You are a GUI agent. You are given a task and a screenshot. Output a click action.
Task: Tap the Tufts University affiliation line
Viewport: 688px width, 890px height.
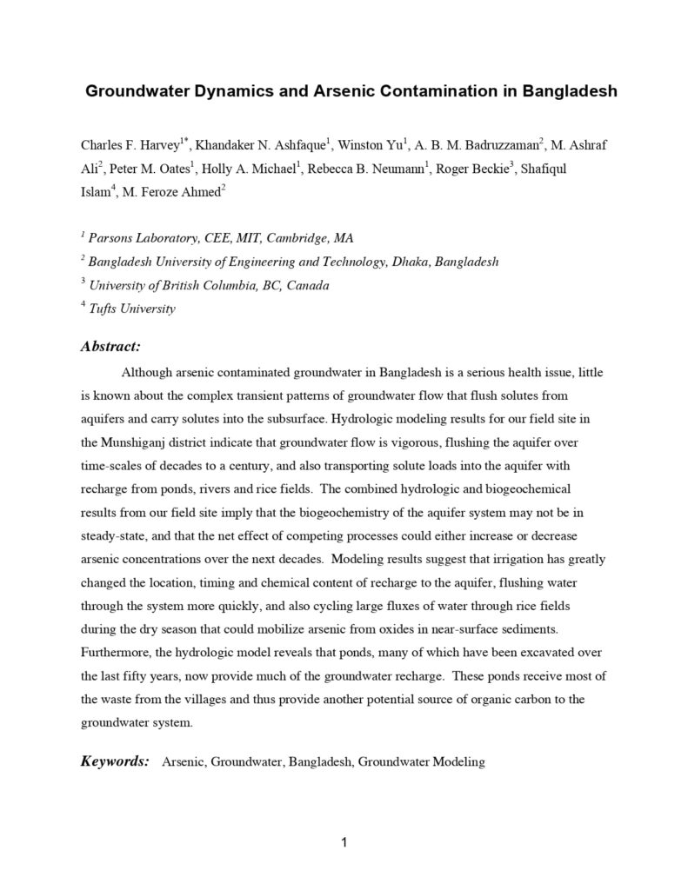[x=133, y=309]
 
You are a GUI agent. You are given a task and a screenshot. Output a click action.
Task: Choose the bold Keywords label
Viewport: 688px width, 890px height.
[x=115, y=761]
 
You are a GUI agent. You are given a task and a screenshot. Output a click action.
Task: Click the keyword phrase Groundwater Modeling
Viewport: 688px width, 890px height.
[x=421, y=762]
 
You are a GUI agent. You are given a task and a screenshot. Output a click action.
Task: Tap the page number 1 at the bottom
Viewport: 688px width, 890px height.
[x=344, y=841]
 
